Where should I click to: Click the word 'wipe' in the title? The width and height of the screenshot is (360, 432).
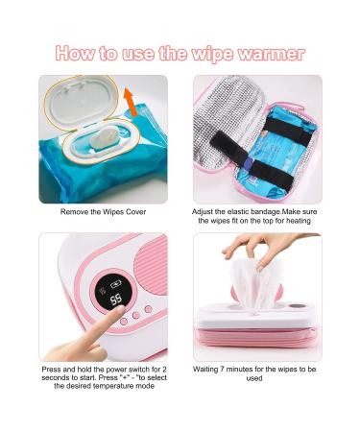click(222, 54)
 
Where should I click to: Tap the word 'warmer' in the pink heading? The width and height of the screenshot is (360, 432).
click(276, 54)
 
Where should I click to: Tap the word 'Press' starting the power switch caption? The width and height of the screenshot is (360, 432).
click(54, 369)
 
